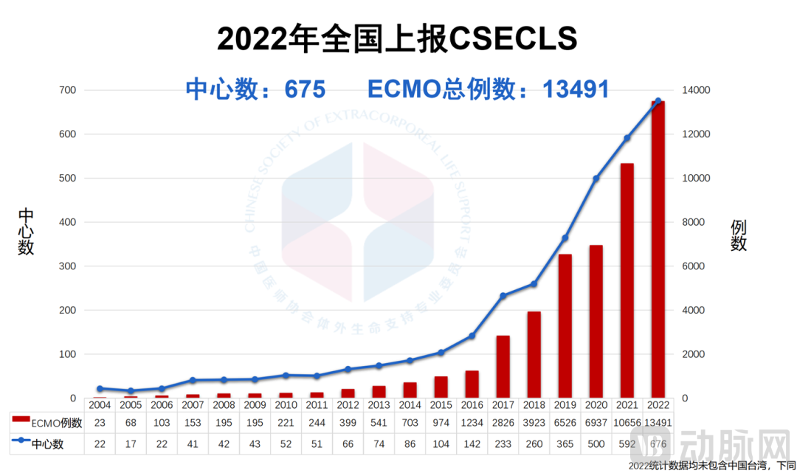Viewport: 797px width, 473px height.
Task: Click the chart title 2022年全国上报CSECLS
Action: (397, 38)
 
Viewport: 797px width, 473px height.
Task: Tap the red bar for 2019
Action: (565, 326)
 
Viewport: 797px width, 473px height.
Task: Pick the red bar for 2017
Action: (503, 367)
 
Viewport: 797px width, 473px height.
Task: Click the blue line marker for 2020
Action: (596, 179)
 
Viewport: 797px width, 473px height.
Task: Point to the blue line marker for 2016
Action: (472, 336)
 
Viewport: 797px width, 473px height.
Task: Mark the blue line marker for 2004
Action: (100, 389)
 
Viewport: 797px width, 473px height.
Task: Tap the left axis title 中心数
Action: (27, 232)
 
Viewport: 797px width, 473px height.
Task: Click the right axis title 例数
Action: (739, 235)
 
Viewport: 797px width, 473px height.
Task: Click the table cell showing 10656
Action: (627, 423)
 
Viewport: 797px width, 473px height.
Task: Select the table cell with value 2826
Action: (503, 423)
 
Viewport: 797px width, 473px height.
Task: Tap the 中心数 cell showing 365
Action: (565, 444)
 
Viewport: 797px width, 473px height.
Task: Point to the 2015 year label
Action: (441, 404)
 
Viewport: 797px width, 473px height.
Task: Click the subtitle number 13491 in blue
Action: (576, 89)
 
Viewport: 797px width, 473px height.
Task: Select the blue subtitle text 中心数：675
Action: (255, 89)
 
